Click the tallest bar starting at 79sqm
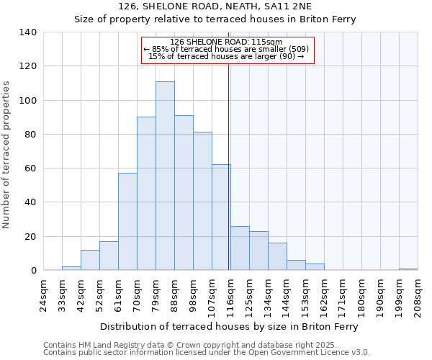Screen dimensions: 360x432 click(x=165, y=176)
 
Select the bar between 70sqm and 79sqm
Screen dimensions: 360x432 click(x=146, y=194)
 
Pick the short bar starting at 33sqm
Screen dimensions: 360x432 click(x=71, y=269)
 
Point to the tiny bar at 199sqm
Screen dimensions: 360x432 click(x=408, y=269)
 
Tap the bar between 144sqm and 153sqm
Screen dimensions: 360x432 click(x=296, y=265)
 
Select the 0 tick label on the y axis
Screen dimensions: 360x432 click(x=33, y=271)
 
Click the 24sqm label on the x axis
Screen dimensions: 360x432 click(x=43, y=294)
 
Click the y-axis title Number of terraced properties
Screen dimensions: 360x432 click(x=6, y=155)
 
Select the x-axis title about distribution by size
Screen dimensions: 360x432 click(x=229, y=326)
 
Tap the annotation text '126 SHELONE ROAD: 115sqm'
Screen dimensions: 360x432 click(x=227, y=42)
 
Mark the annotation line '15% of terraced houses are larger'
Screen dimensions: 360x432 click(x=227, y=56)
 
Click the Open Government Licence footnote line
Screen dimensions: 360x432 click(x=207, y=353)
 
